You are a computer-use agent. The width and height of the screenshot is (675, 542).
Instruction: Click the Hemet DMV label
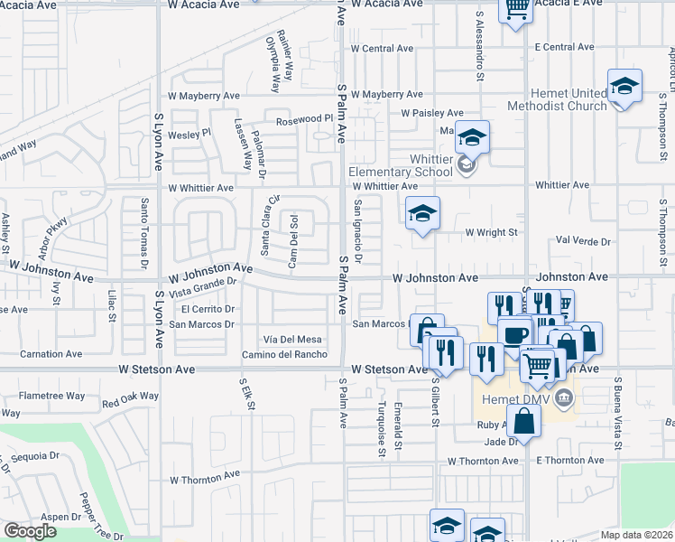(513, 396)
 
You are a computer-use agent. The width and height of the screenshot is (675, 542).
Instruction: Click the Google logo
(30, 531)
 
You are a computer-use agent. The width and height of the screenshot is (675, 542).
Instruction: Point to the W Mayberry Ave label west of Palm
(203, 95)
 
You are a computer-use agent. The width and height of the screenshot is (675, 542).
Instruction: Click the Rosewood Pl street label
(305, 119)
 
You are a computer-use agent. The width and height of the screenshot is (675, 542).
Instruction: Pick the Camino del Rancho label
(283, 354)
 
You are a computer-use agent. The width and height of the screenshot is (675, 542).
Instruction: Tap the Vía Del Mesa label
(292, 339)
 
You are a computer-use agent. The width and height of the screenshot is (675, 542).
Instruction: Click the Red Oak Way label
(130, 398)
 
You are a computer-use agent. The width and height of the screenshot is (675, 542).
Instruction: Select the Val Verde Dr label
(584, 242)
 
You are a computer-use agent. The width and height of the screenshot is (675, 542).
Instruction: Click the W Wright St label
(491, 232)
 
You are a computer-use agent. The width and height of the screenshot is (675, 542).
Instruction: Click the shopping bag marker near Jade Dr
(523, 419)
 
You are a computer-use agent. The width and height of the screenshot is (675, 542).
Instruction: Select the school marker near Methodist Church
(624, 87)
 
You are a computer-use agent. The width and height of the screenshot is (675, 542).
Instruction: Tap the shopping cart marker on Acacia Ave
(517, 10)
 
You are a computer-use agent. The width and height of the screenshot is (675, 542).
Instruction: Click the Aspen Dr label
(61, 517)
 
